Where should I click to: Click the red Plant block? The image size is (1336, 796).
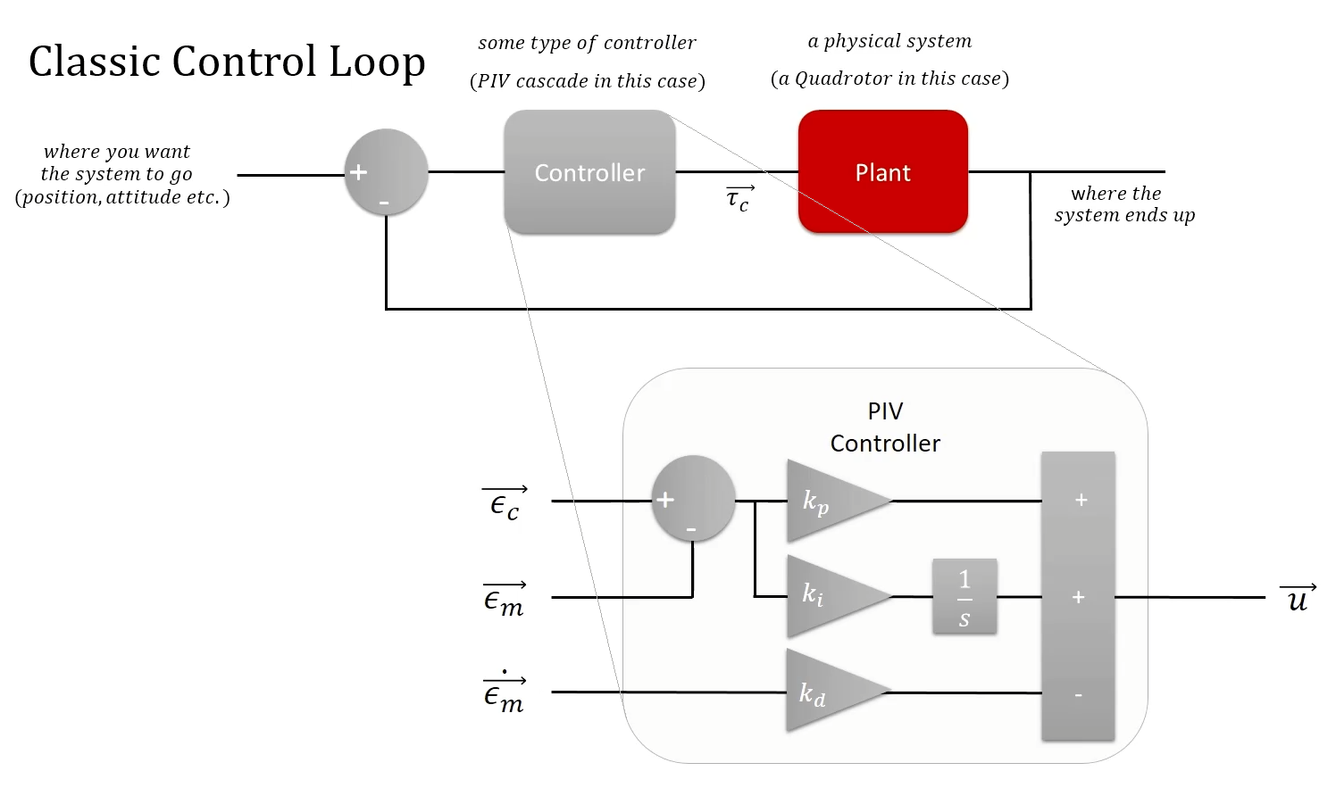[882, 172]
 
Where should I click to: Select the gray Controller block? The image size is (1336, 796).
[589, 172]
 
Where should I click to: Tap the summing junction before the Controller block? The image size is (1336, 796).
[386, 172]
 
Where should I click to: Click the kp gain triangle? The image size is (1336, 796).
[831, 502]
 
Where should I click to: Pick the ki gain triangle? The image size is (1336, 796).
[831, 596]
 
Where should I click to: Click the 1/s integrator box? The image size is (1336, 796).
[964, 597]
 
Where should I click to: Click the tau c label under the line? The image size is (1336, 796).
[739, 199]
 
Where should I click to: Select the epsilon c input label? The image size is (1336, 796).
[505, 504]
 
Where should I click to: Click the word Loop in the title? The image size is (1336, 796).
[376, 62]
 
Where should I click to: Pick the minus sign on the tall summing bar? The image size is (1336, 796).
[1078, 695]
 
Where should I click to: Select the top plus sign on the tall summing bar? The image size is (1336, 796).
[1081, 500]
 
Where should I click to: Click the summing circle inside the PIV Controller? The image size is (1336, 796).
[693, 499]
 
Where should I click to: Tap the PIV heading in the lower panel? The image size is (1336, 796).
[885, 411]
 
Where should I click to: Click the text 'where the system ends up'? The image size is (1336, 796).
[1123, 204]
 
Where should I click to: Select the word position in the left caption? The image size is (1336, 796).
[60, 197]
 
